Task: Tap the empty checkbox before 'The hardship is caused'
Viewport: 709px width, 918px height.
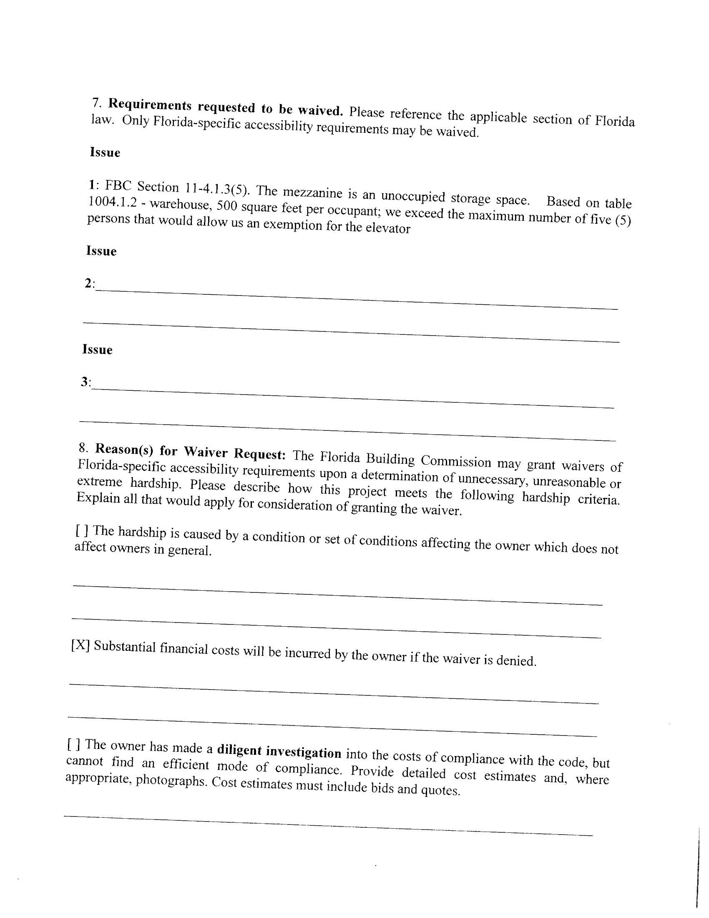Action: [x=82, y=531]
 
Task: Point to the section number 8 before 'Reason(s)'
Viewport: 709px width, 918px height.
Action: [x=83, y=447]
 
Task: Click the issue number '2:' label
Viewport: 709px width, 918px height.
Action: [x=90, y=283]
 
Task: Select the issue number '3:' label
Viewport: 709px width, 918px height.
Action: [x=86, y=382]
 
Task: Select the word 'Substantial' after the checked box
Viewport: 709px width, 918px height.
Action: [x=125, y=647]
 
